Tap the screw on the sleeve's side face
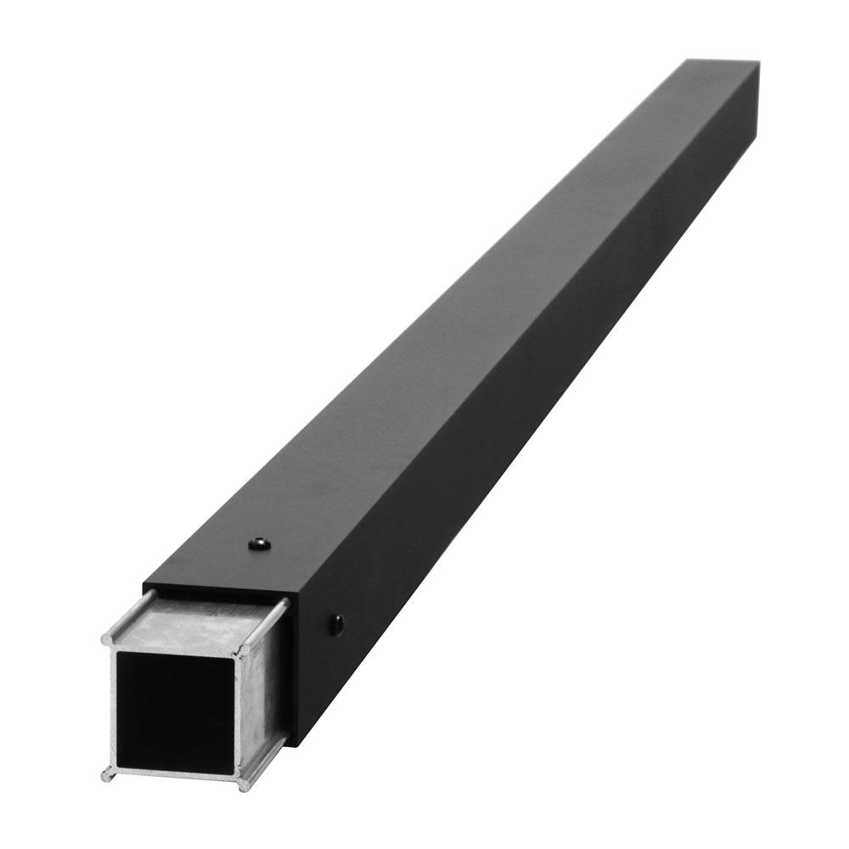coord(337,625)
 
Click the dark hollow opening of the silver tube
coord(174,706)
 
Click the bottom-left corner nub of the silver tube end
coord(107,773)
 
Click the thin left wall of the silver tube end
coord(111,705)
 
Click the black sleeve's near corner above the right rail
coord(290,601)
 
